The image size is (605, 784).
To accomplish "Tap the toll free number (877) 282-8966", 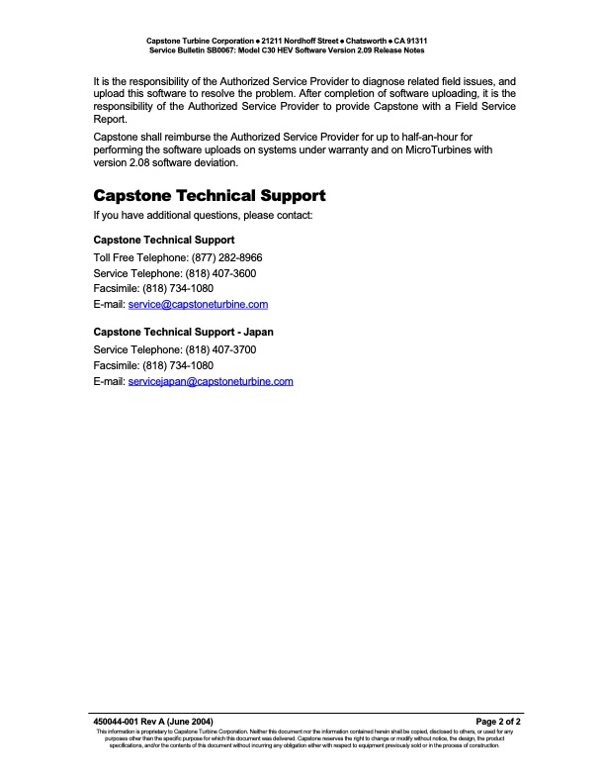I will (x=226, y=257).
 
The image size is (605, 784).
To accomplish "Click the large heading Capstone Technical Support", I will (x=209, y=195).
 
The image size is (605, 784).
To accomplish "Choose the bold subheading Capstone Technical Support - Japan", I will (x=183, y=332).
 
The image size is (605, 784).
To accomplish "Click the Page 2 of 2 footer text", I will (x=498, y=722).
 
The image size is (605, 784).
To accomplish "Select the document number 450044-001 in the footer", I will (x=117, y=722).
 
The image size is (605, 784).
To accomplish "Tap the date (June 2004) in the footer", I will (x=189, y=722).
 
